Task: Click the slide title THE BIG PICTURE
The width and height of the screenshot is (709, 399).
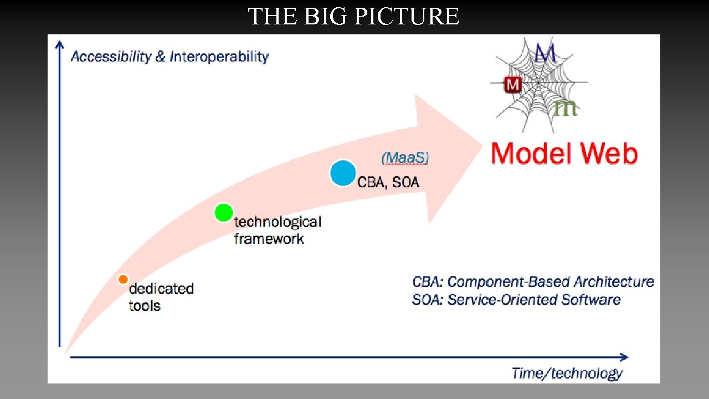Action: [x=353, y=17]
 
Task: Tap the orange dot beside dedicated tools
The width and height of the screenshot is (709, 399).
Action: [x=123, y=279]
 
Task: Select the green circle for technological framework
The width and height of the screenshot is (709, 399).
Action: [x=223, y=212]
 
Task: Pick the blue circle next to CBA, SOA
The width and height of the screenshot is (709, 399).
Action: [x=343, y=173]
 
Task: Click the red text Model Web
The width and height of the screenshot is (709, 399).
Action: [x=564, y=154]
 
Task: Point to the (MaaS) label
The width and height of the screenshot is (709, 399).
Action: [x=405, y=158]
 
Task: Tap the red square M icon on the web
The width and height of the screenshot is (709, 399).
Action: [x=512, y=85]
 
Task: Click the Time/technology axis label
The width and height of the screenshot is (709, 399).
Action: [x=567, y=374]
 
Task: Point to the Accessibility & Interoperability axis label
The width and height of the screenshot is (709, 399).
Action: [x=169, y=57]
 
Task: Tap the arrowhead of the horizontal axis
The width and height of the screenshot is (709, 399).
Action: [x=624, y=357]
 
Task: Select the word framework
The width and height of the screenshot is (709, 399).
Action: [x=269, y=239]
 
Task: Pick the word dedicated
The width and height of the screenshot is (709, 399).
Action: [x=161, y=289]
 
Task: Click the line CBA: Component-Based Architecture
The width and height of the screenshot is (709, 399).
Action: [x=533, y=282]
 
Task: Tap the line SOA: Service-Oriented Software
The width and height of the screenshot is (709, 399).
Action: [x=516, y=300]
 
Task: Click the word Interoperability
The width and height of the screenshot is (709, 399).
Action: [x=219, y=57]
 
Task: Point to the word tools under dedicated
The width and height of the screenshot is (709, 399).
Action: [x=145, y=306]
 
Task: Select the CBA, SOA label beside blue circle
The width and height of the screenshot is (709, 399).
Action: [x=388, y=182]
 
